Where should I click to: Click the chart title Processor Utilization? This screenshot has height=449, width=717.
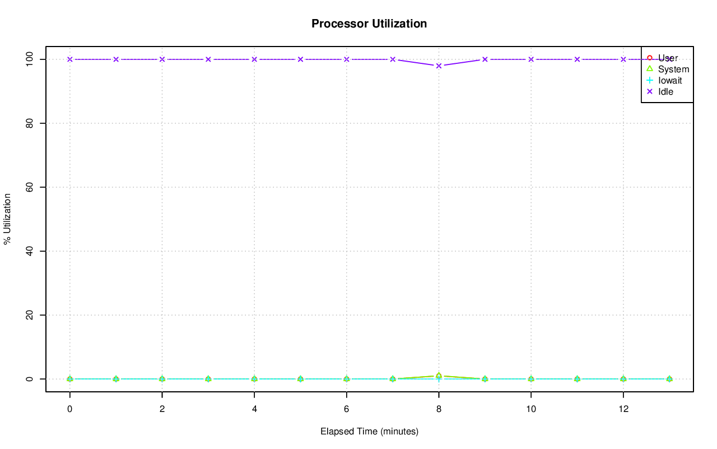click(x=369, y=24)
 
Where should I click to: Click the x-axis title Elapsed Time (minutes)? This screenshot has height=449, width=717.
click(x=369, y=432)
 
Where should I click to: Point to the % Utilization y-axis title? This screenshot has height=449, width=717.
click(x=8, y=219)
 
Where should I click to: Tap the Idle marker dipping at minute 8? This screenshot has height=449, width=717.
click(x=439, y=66)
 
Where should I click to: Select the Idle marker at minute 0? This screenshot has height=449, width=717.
click(x=69, y=59)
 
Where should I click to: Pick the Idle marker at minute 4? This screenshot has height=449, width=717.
click(x=254, y=59)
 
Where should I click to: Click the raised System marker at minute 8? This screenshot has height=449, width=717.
click(x=439, y=376)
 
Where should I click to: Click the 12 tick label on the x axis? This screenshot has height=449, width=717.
click(x=623, y=409)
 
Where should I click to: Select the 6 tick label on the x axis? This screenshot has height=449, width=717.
click(x=347, y=409)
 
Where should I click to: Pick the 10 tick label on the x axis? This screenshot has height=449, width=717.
click(x=531, y=409)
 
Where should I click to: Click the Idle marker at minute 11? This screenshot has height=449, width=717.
click(x=577, y=59)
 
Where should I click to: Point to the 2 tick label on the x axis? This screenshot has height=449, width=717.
click(x=162, y=409)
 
